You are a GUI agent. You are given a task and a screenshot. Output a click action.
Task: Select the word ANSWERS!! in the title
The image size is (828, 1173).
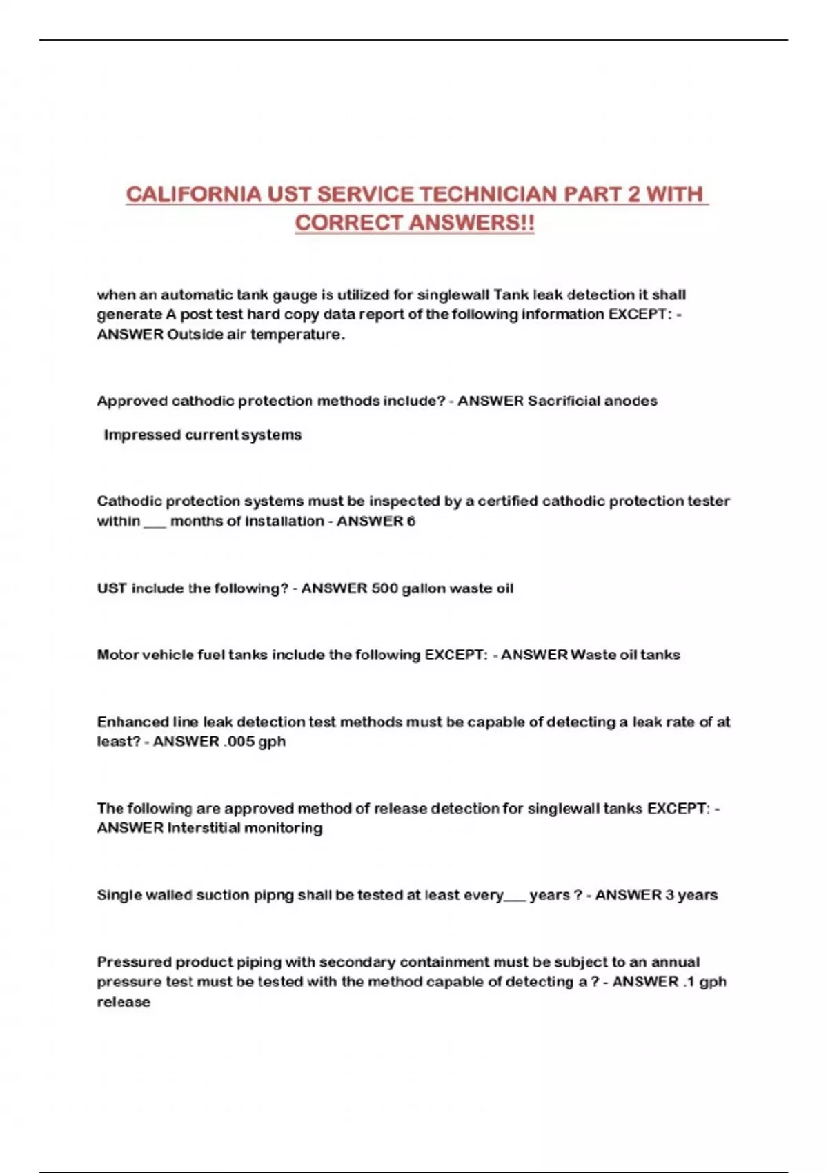[471, 224]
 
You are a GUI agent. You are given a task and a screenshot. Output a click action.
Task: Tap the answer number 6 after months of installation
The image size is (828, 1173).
[411, 522]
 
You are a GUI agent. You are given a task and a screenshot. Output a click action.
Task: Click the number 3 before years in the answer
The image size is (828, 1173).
[669, 896]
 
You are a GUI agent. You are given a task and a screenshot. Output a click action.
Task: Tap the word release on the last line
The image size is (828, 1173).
[124, 1002]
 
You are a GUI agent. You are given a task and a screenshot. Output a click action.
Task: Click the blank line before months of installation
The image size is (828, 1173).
[155, 524]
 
